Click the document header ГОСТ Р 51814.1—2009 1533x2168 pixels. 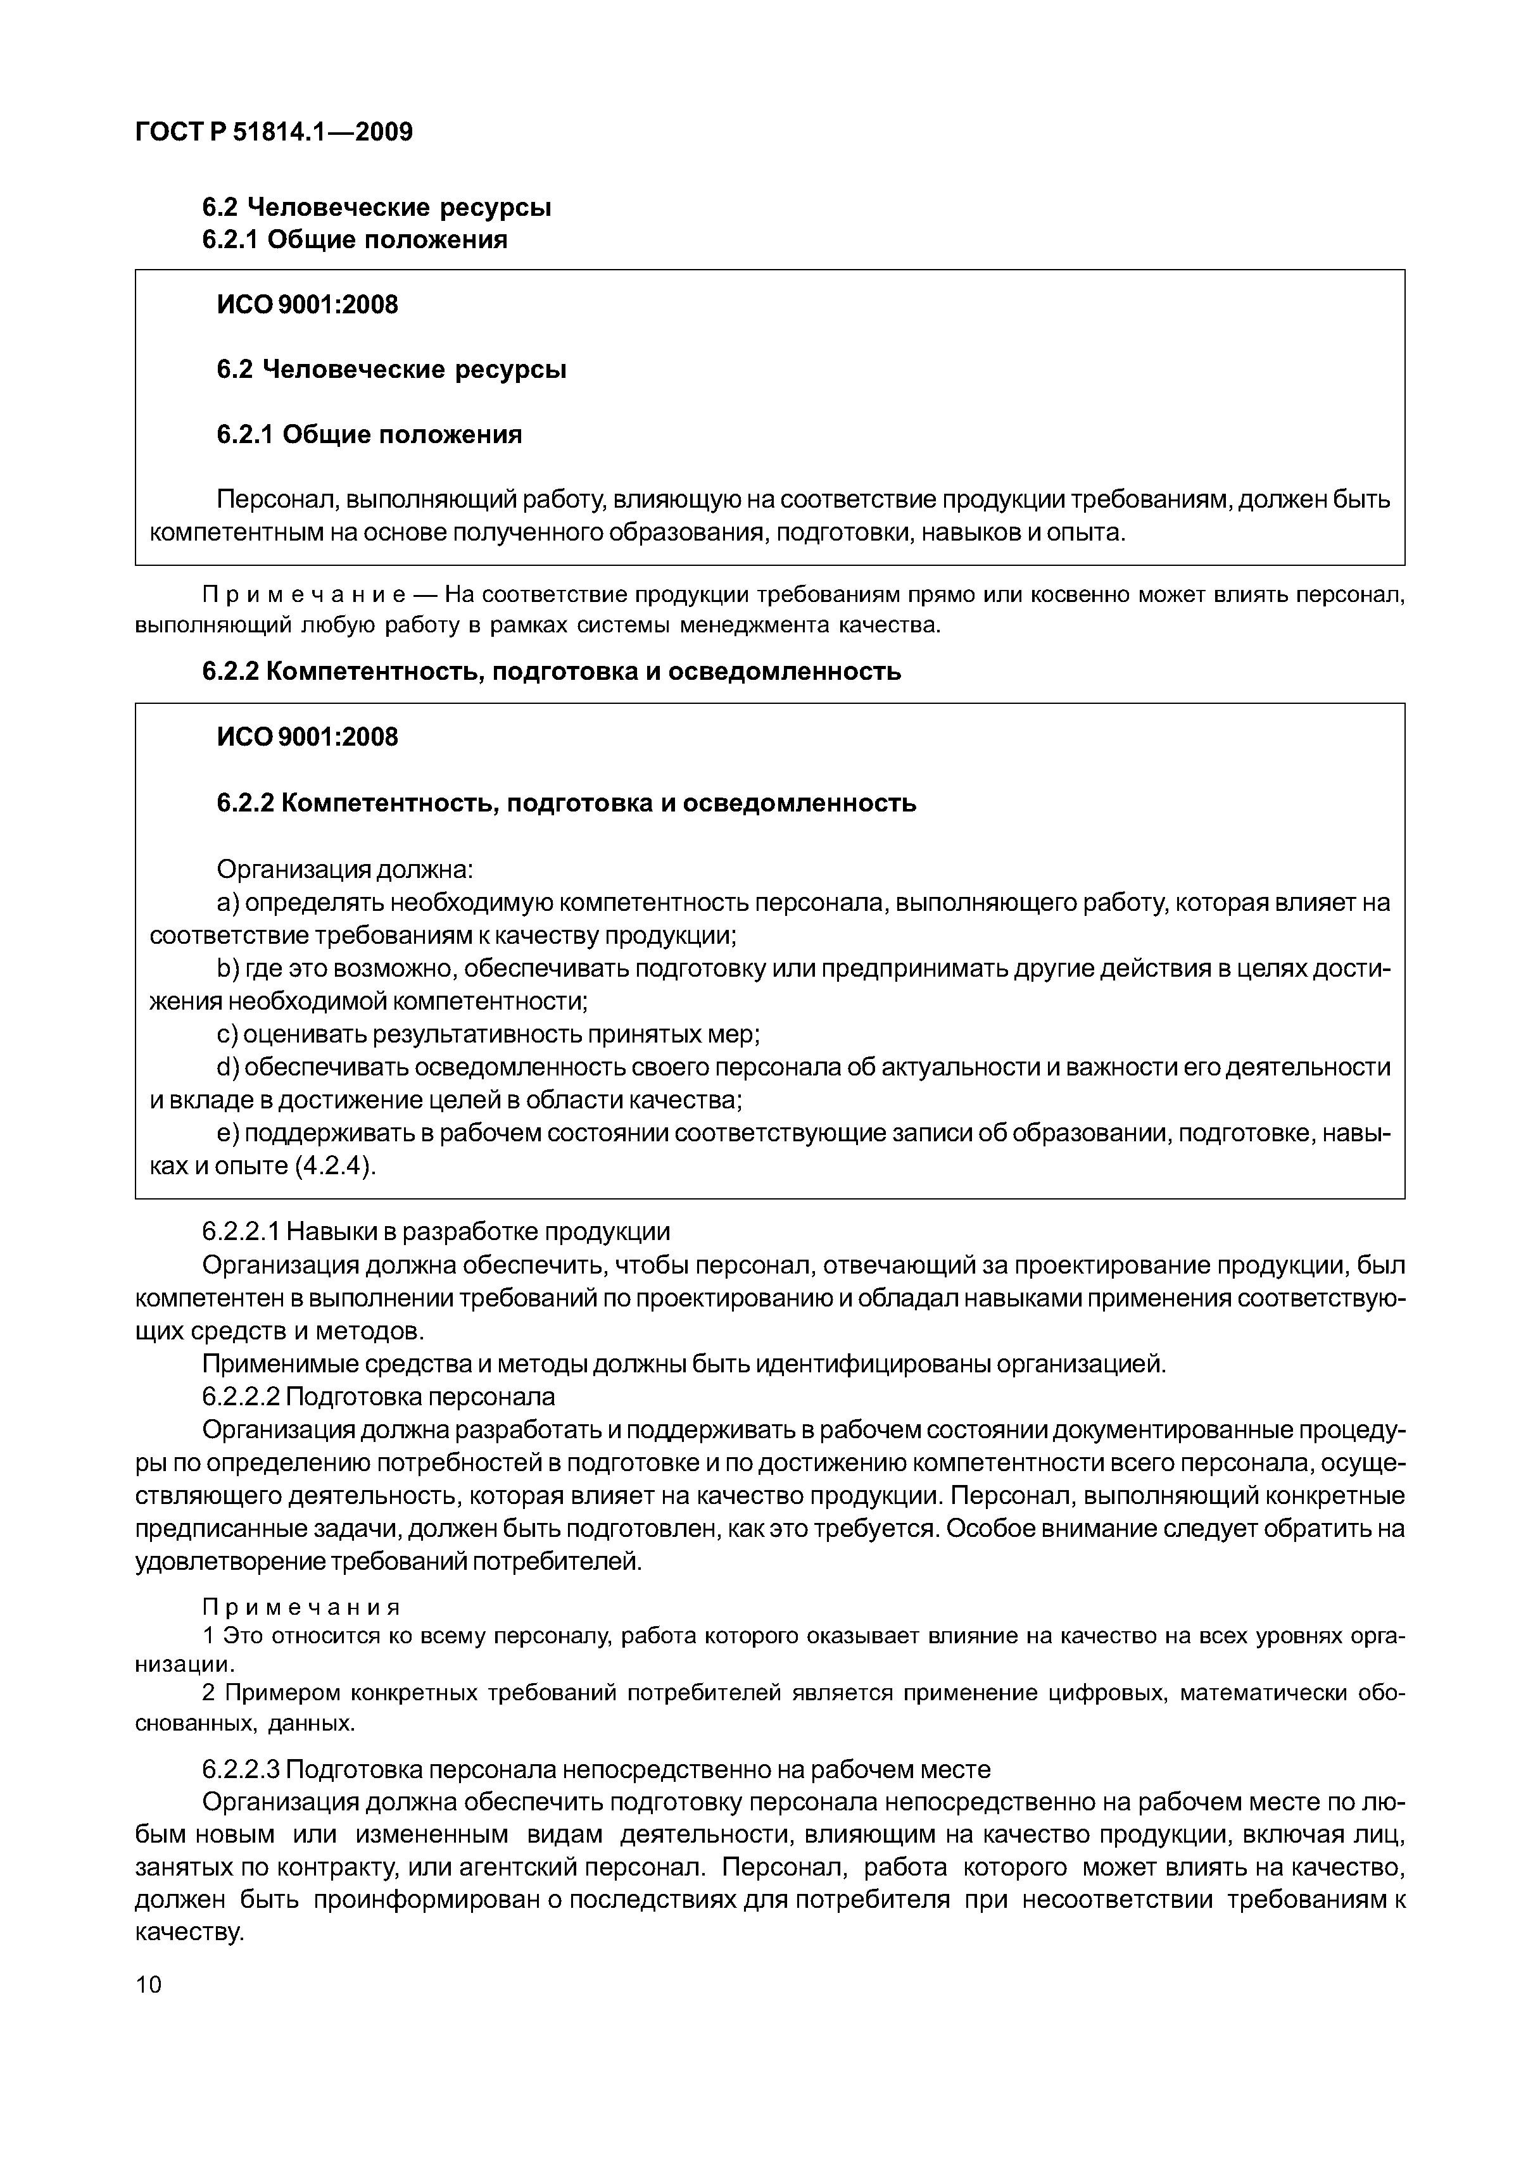(274, 132)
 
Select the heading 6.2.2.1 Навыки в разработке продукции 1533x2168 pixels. (436, 1232)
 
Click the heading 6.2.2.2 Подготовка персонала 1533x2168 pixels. (378, 1396)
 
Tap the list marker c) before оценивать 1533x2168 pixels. (227, 1035)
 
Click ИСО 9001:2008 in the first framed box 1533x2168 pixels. (307, 305)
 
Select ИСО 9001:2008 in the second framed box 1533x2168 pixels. (307, 737)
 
